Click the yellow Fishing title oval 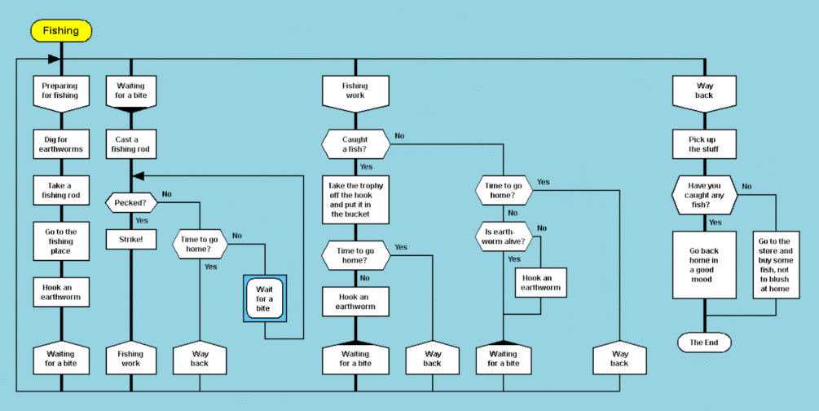61,31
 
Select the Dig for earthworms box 61,144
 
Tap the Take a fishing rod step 61,190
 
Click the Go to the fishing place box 61,241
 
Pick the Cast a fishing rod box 130,144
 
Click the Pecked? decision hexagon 130,201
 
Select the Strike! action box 130,240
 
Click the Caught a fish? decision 354,144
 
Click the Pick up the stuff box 704,144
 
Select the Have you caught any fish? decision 704,196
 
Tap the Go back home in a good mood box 704,264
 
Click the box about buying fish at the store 775,264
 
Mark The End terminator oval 704,342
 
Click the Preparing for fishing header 61,91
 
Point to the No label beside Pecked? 166,194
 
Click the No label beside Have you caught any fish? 746,186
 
